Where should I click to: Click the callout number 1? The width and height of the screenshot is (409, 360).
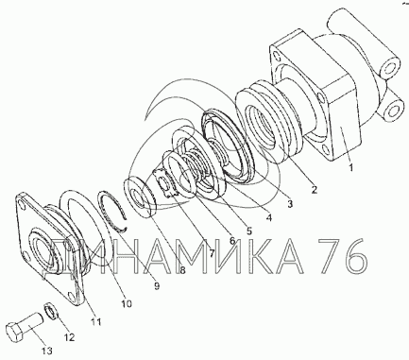[350, 167]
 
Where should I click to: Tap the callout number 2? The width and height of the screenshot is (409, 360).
[314, 190]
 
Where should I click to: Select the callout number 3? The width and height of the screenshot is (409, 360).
[290, 203]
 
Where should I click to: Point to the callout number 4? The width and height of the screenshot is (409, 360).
[269, 217]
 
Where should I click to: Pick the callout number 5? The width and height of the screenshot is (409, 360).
[249, 231]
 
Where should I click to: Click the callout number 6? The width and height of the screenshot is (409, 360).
[232, 241]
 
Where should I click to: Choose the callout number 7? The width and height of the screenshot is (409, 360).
[212, 253]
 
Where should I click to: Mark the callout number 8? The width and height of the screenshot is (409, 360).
[182, 270]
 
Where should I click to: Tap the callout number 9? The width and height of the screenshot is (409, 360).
[157, 285]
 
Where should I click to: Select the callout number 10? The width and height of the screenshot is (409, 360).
[126, 303]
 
